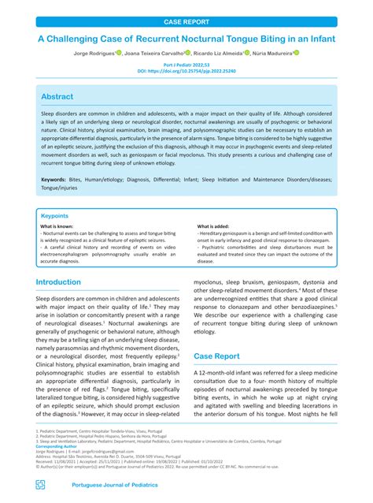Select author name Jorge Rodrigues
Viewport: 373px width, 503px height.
tap(92, 54)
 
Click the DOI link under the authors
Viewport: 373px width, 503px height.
tap(186, 71)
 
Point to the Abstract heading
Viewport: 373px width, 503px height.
tap(57, 95)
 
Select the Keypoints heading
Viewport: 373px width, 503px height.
tap(54, 215)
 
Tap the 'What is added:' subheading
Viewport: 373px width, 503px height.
tap(215, 226)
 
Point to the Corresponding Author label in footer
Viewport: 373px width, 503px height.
tap(60, 445)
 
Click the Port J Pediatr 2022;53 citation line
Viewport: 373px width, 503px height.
tap(186, 65)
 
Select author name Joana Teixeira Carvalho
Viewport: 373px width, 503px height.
tap(152, 54)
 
